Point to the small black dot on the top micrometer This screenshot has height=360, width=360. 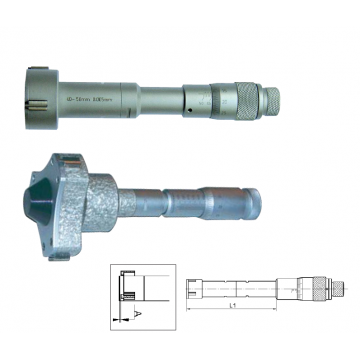coord(186,102)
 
